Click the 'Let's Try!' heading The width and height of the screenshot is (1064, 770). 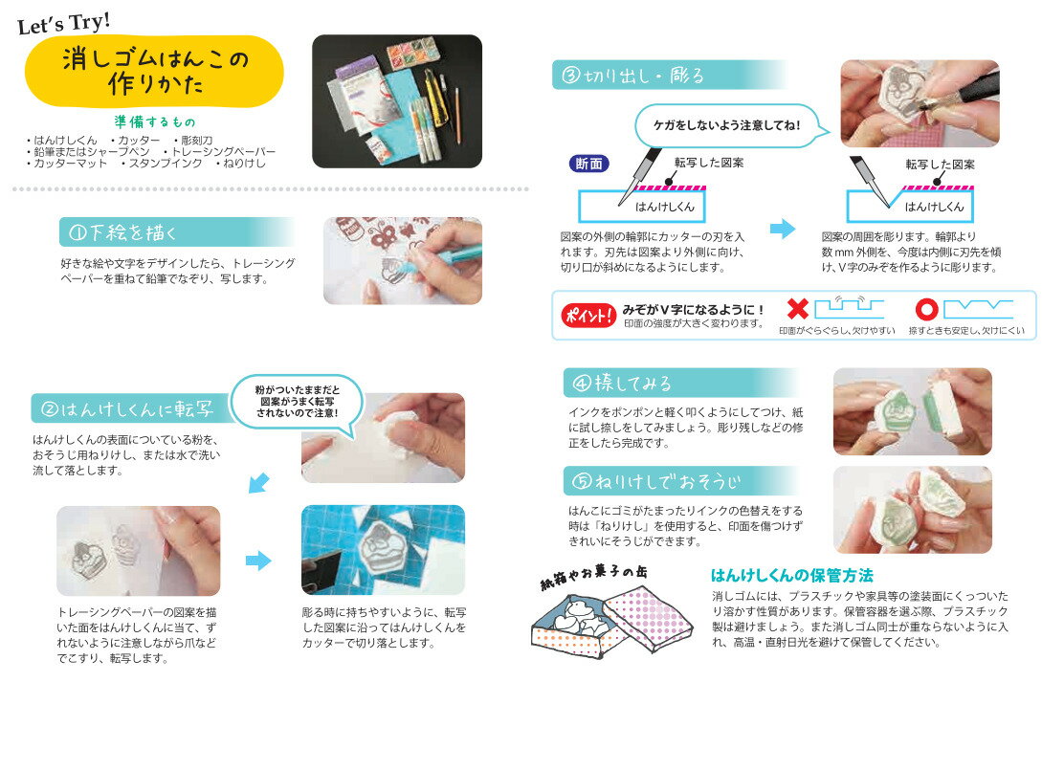click(64, 21)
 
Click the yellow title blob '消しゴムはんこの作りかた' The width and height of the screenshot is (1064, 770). click(154, 72)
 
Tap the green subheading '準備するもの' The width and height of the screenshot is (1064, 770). click(153, 122)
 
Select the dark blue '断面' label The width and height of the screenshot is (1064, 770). click(588, 164)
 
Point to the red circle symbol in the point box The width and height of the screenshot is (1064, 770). click(925, 310)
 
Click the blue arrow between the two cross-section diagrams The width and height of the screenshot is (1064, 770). click(783, 229)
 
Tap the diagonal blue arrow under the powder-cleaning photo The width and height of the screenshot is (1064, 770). click(257, 483)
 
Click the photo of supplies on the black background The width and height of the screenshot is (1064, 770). click(396, 101)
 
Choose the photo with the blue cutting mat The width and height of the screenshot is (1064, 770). click(383, 550)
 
